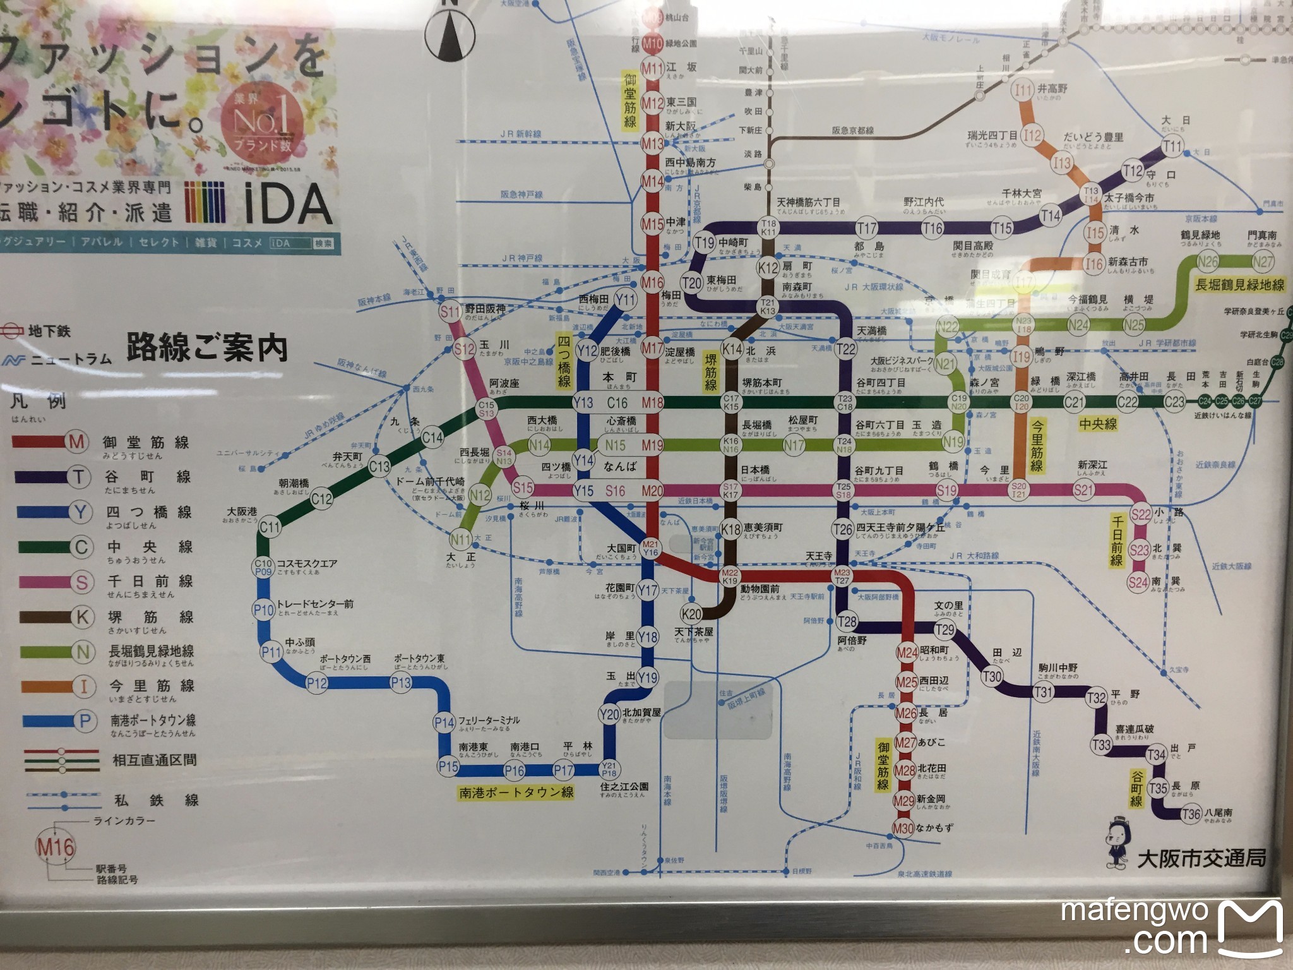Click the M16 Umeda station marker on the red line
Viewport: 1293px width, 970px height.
click(652, 282)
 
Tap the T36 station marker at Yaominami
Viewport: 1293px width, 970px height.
click(1191, 814)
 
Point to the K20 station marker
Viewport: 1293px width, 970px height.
click(692, 613)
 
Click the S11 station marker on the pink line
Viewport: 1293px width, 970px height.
click(450, 311)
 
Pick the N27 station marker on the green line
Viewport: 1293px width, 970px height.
click(1262, 261)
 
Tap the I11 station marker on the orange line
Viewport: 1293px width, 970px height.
click(1024, 90)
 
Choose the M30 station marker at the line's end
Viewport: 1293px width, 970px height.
click(903, 828)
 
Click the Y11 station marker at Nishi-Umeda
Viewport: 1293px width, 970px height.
click(626, 300)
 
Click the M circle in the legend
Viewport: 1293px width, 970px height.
click(76, 442)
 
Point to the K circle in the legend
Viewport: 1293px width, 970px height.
click(83, 616)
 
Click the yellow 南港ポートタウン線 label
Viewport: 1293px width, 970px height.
click(516, 793)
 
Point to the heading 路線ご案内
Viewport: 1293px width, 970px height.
click(206, 348)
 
